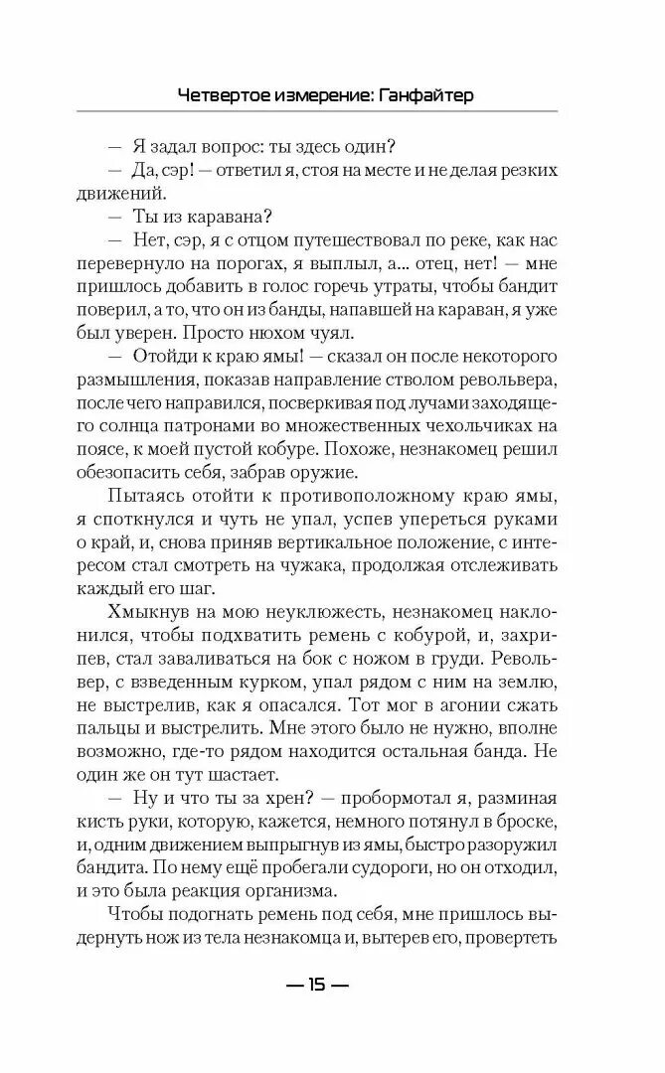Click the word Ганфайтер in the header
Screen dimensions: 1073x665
pyautogui.click(x=421, y=96)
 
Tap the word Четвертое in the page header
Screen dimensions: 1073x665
pyautogui.click(x=225, y=96)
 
